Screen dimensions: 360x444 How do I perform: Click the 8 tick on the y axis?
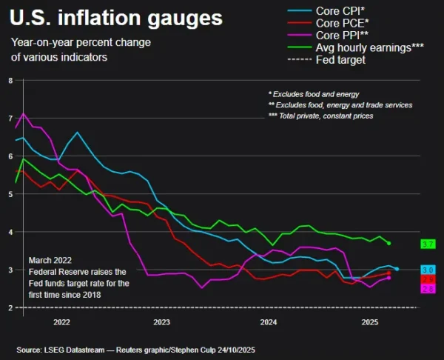tap(10, 80)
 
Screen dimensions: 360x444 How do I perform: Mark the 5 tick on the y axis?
tap(10, 194)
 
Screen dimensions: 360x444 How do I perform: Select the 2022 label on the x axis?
tap(61, 323)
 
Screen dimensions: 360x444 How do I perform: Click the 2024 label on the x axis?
tap(269, 323)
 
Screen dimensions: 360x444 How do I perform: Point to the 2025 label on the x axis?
tap(369, 323)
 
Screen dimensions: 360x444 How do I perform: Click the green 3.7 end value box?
tap(427, 244)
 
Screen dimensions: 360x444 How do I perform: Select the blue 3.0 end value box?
tap(427, 270)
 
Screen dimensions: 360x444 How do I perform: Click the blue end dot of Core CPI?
tap(397, 269)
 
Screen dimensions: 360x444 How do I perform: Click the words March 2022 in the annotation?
tap(50, 261)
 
